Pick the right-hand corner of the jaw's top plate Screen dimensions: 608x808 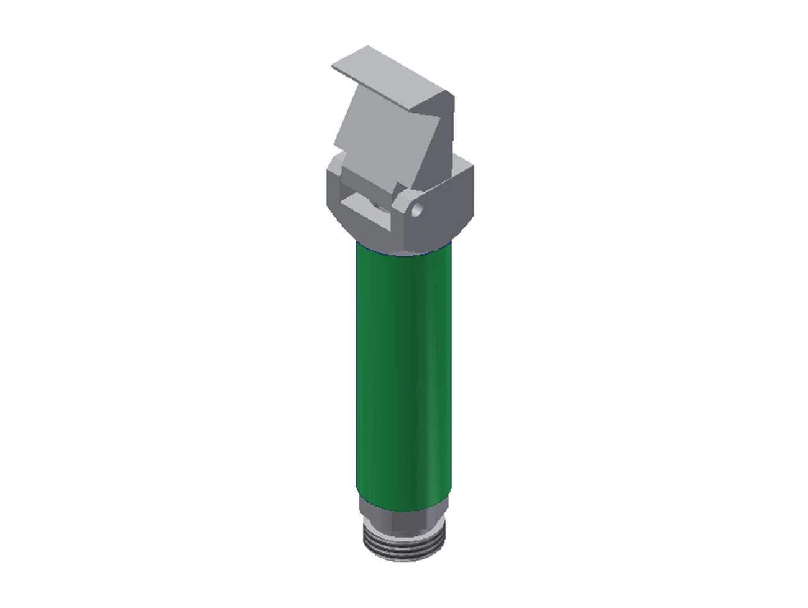pos(452,94)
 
